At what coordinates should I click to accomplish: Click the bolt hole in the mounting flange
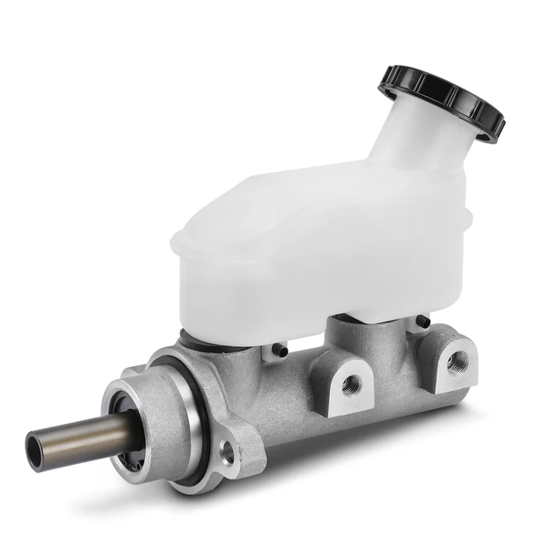point(227,450)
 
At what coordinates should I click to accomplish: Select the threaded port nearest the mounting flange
point(351,384)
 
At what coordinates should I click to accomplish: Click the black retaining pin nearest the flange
point(278,351)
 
